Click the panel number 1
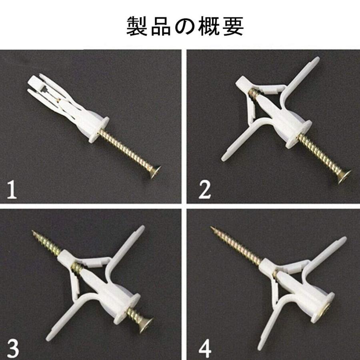click(12, 189)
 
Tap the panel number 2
click(204, 190)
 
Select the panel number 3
click(13, 348)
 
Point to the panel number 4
click(205, 348)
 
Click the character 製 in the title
click(137, 26)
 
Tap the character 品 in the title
click(161, 26)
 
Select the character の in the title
click(185, 26)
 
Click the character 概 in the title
click(209, 26)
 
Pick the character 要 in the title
click(233, 26)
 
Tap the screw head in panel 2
click(345, 176)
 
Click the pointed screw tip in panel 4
click(212, 228)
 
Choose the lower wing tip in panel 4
click(260, 353)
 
